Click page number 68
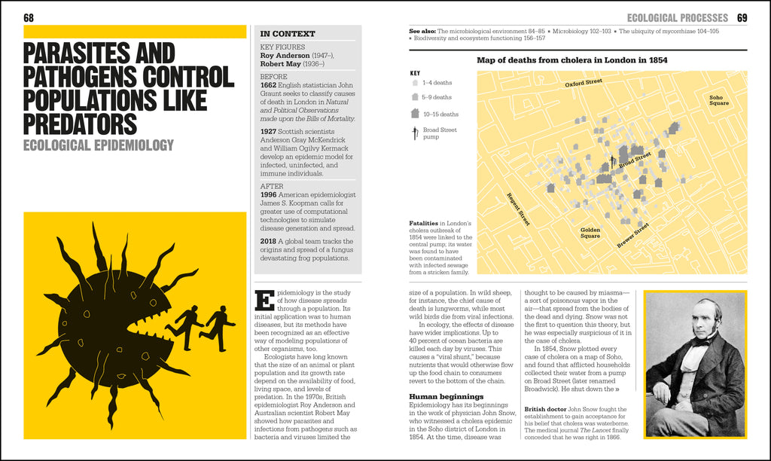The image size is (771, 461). coord(29,17)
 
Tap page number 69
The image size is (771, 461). coord(742,17)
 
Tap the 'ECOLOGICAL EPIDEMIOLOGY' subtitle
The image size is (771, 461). coord(99,145)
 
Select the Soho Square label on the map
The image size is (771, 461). coord(719,101)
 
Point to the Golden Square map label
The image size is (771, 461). coord(590,233)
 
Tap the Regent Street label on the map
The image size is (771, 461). coord(519,209)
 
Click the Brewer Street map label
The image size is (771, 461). coord(632,234)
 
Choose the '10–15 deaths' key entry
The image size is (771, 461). coord(440,114)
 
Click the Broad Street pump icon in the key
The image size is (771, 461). coord(414,134)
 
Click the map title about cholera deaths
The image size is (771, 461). coord(572,60)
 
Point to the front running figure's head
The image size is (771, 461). coord(222,309)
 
